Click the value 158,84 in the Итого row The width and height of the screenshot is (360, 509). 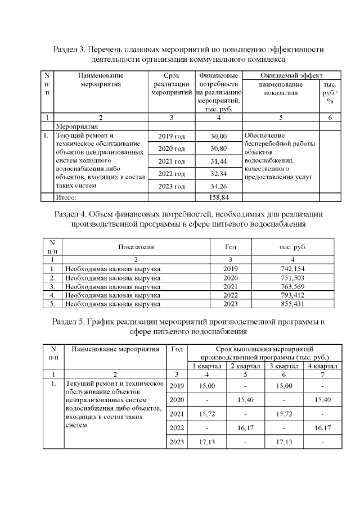click(x=218, y=197)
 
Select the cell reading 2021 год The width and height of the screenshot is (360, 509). click(x=172, y=161)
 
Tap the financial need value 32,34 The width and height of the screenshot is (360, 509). click(x=218, y=173)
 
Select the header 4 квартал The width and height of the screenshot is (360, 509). click(x=322, y=366)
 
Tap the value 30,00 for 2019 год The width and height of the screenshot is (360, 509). click(x=218, y=137)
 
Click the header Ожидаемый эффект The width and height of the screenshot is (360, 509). click(x=292, y=75)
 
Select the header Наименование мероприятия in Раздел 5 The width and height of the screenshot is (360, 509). click(x=115, y=349)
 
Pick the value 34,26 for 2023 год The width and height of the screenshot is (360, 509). click(x=218, y=186)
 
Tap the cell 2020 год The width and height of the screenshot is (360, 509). click(x=172, y=148)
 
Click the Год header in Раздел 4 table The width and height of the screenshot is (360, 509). click(x=231, y=247)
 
